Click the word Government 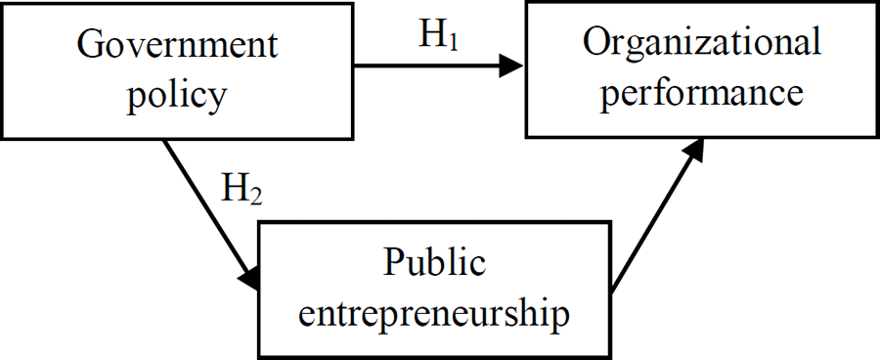(x=177, y=45)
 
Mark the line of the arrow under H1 (x=430, y=67)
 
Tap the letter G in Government (x=89, y=45)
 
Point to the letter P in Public (x=393, y=262)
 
